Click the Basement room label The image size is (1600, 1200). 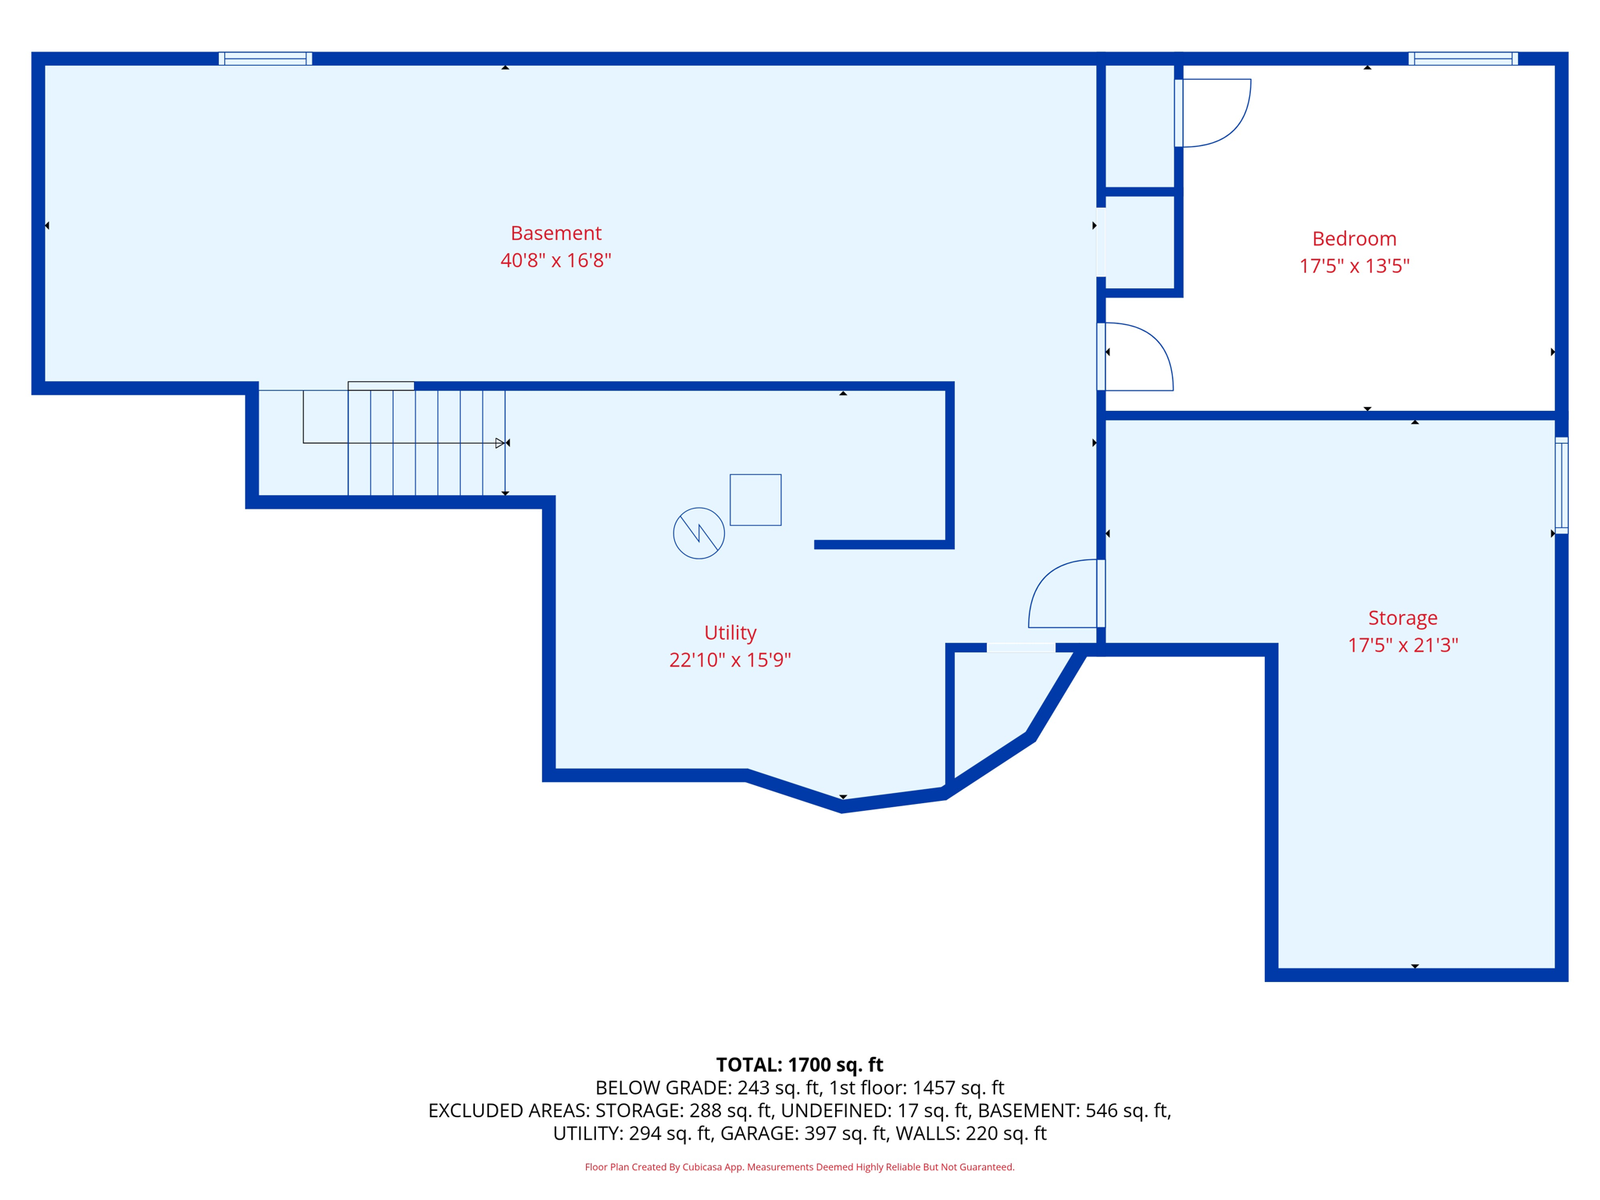click(555, 233)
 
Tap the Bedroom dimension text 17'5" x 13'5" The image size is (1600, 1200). click(1354, 266)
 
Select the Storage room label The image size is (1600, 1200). click(1402, 618)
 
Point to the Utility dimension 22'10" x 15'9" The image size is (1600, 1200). click(730, 660)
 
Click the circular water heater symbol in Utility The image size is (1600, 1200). click(698, 533)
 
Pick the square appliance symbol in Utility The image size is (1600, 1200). click(755, 499)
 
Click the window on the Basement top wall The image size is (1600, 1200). click(266, 59)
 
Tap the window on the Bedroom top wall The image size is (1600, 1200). click(1462, 59)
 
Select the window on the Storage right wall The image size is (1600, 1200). click(1561, 485)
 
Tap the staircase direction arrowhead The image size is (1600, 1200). click(500, 443)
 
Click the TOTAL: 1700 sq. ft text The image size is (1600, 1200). click(799, 1065)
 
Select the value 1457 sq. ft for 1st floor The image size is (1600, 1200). click(958, 1087)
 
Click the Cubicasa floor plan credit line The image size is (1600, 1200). click(799, 1167)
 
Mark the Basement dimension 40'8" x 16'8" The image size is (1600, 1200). click(555, 261)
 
